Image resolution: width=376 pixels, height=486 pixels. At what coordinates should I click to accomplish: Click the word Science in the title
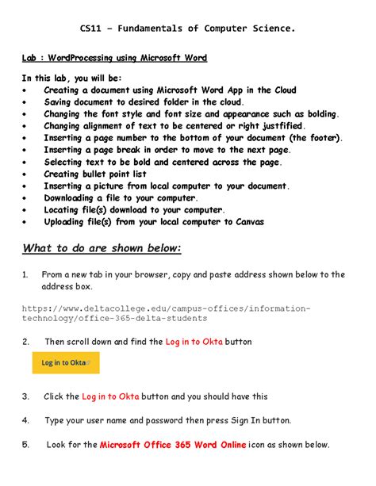[x=271, y=29]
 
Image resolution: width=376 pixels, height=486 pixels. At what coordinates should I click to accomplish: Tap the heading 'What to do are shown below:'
[x=102, y=249]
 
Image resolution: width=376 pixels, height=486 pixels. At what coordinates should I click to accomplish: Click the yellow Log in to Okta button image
[x=66, y=363]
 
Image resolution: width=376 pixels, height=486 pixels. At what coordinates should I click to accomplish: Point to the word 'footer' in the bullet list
[x=322, y=138]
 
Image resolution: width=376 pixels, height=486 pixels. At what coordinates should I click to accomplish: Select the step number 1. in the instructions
[x=25, y=275]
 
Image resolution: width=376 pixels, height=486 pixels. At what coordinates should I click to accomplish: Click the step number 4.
[x=25, y=420]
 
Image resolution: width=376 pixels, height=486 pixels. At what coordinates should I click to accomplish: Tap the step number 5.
[x=25, y=445]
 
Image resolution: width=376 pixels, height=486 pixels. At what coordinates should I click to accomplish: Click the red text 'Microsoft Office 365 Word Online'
[x=173, y=445]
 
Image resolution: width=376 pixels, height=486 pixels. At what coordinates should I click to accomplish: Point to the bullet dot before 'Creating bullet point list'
[x=25, y=174]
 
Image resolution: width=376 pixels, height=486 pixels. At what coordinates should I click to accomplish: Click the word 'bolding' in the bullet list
[x=317, y=114]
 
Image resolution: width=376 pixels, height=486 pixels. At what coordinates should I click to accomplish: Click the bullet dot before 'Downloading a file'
[x=25, y=198]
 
